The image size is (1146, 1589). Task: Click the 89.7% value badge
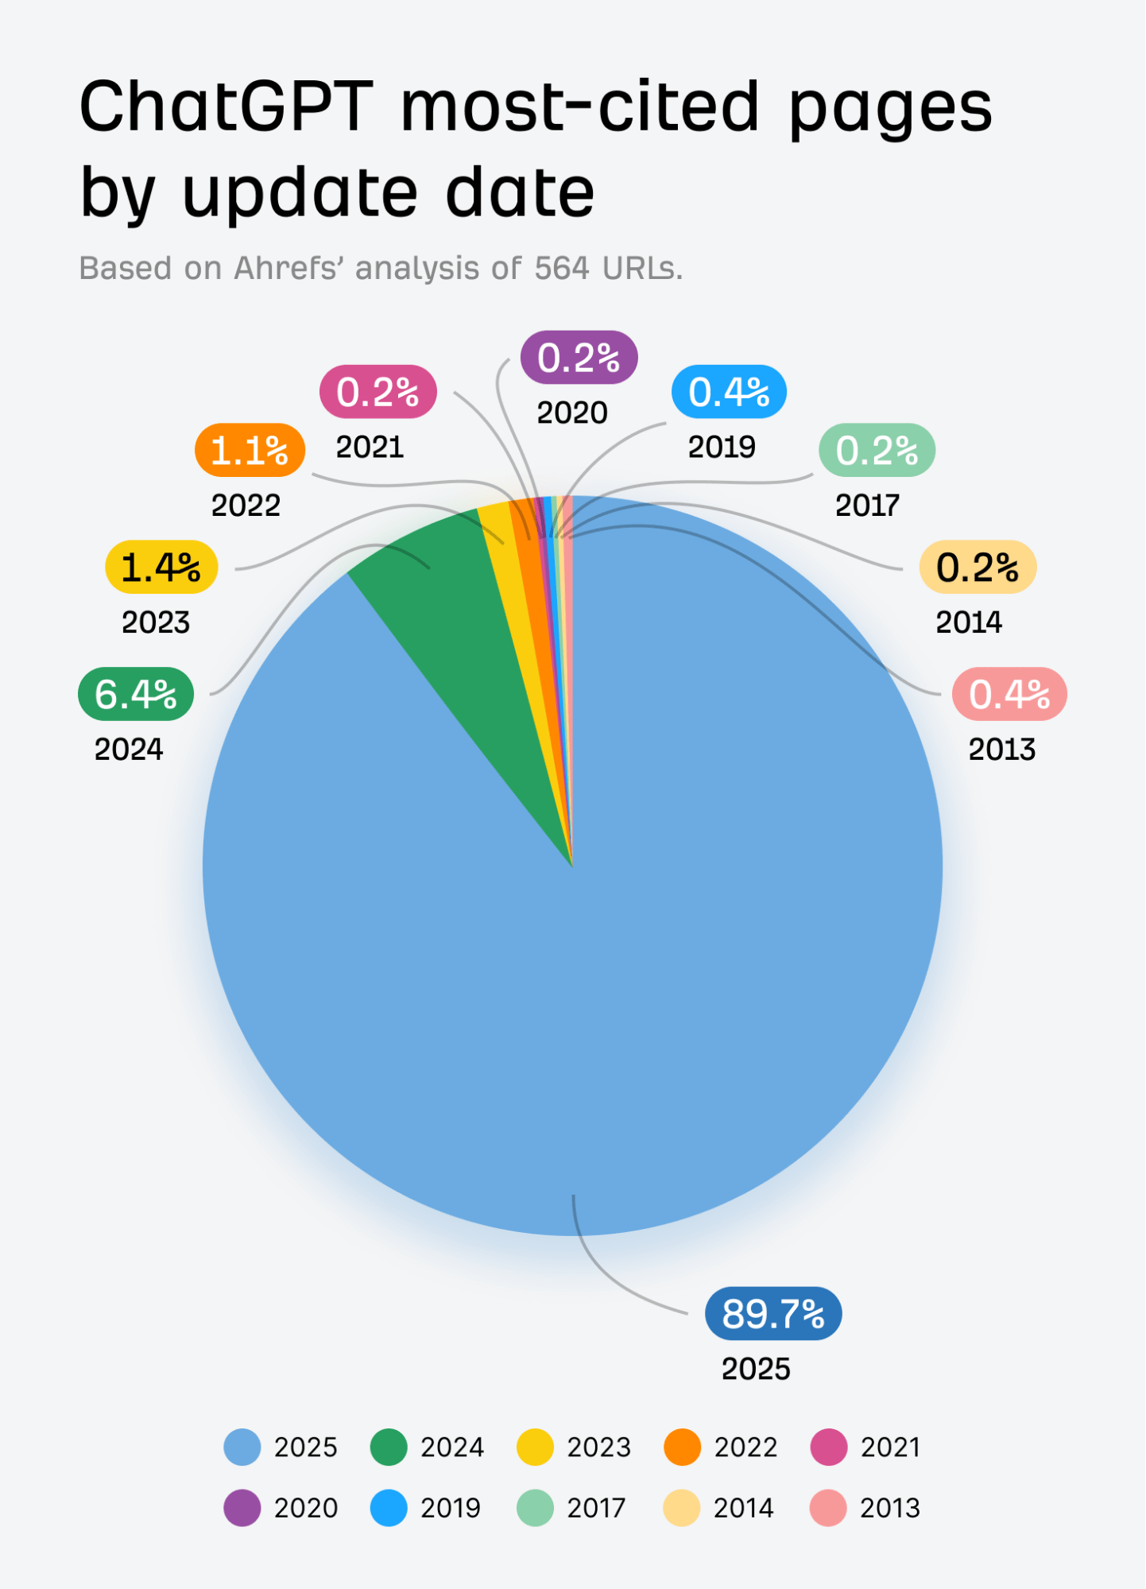[x=772, y=1313]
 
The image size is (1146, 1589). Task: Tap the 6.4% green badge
[x=136, y=694]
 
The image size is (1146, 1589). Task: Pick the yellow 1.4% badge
[x=161, y=567]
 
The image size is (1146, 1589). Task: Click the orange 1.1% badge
[x=250, y=450]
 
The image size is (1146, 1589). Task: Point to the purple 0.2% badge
[x=579, y=357]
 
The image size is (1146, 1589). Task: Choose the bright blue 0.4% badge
[x=729, y=391]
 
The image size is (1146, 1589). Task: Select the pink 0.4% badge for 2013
[x=1009, y=694]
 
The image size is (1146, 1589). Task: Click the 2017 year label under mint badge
[x=867, y=505]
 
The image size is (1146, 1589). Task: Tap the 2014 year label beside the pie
[x=969, y=622]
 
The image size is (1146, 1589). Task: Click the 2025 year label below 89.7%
[x=756, y=1369]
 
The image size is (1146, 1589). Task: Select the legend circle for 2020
[x=242, y=1507]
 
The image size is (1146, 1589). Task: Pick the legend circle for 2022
[x=682, y=1446]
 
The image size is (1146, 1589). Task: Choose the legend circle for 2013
[x=828, y=1507]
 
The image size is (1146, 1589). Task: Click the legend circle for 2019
[x=389, y=1507]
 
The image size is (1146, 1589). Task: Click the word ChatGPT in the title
[x=226, y=107]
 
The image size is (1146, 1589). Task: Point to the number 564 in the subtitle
[x=561, y=269]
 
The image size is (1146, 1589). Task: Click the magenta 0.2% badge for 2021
[x=378, y=391]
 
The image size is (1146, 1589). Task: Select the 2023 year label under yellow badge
[x=156, y=622]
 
